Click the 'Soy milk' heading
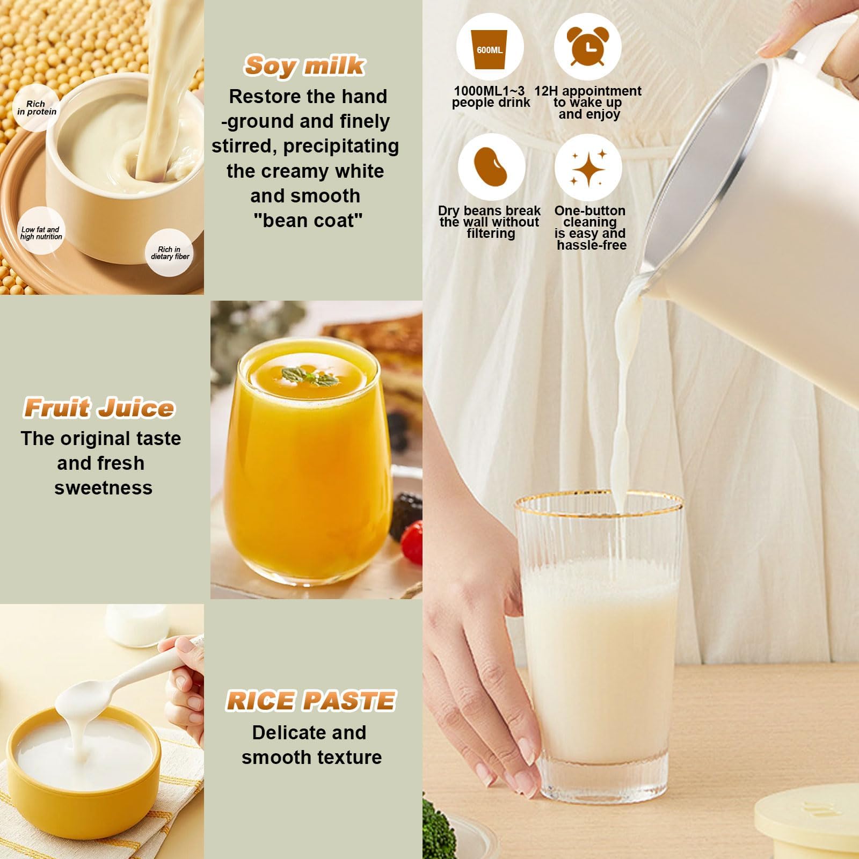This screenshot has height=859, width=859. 304,66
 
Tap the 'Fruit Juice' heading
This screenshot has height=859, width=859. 99,408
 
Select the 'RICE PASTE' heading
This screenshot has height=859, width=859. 311,701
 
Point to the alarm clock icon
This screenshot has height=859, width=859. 588,47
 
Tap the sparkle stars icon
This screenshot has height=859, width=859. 588,167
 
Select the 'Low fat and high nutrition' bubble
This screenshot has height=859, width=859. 41,232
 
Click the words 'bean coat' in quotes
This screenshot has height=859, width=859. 308,220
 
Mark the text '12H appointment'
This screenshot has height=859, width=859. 588,91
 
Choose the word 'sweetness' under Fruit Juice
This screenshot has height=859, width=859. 103,487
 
